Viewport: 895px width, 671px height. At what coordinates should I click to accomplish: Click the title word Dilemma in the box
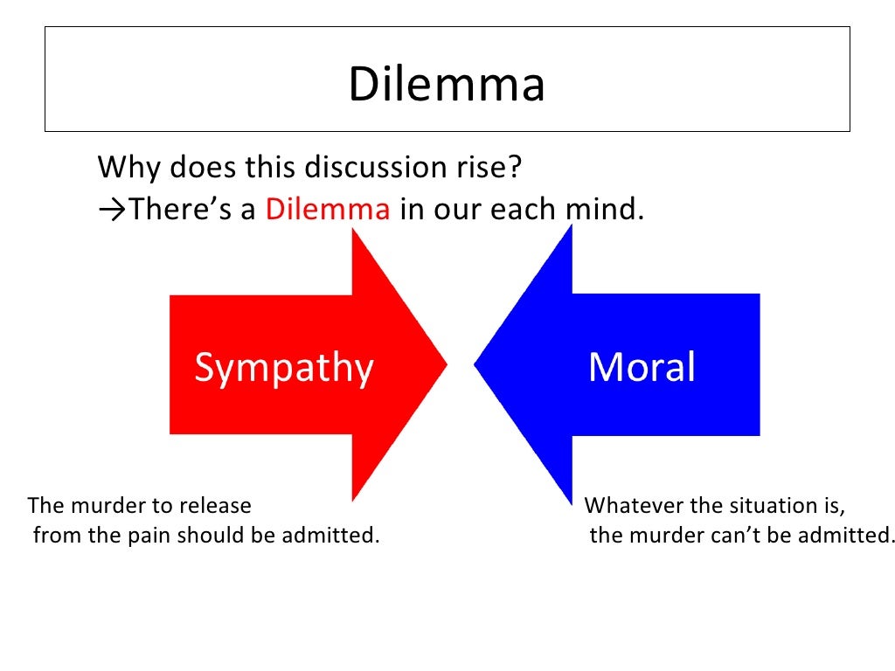click(447, 86)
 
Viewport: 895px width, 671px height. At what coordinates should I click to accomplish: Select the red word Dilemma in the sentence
click(328, 210)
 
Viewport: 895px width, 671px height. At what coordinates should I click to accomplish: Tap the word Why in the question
click(131, 167)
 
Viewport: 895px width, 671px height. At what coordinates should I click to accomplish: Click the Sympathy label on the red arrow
click(283, 368)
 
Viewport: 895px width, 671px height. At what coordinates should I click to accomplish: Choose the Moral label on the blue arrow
click(642, 368)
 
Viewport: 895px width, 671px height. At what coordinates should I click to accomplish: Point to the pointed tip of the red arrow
click(446, 363)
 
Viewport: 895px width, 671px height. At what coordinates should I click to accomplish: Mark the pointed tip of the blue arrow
click(476, 363)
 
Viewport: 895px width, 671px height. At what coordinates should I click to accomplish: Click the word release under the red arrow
click(219, 506)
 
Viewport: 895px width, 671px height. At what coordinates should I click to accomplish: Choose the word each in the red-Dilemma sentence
click(505, 210)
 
